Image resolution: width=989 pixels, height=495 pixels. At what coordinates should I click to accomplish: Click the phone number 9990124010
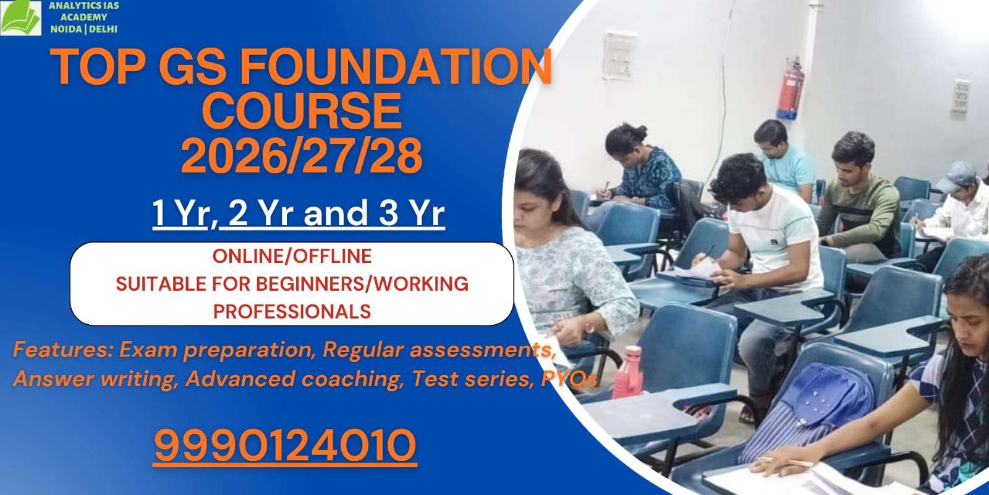[285, 445]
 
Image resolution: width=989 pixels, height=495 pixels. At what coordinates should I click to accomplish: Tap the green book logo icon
[20, 19]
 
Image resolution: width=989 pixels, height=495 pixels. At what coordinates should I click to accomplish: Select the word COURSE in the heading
[302, 111]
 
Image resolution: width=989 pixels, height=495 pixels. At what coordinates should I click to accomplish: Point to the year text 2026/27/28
[302, 155]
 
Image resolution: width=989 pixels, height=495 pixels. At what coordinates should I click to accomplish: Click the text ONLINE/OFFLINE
[292, 256]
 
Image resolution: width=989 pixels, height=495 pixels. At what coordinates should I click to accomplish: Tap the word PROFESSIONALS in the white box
[292, 311]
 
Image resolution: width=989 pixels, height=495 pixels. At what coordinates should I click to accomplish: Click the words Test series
[471, 378]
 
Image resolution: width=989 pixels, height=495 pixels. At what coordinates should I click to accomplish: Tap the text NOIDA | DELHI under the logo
[83, 29]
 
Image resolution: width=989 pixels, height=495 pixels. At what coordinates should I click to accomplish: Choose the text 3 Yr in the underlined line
[412, 213]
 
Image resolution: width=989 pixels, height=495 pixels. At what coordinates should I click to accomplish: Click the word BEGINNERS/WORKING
[362, 283]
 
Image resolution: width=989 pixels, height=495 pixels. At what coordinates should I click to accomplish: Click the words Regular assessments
[436, 350]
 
